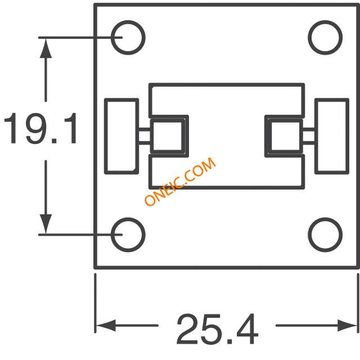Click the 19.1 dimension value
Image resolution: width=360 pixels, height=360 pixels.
[x=40, y=129]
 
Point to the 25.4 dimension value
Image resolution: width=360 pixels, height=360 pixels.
[x=218, y=328]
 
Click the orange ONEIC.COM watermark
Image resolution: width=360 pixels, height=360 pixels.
[x=180, y=181]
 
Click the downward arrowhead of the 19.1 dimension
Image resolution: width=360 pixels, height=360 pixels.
[x=46, y=224]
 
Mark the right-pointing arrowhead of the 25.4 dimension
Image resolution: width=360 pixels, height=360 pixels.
[x=347, y=325]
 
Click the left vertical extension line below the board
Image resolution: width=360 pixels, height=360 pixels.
[x=95, y=303]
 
